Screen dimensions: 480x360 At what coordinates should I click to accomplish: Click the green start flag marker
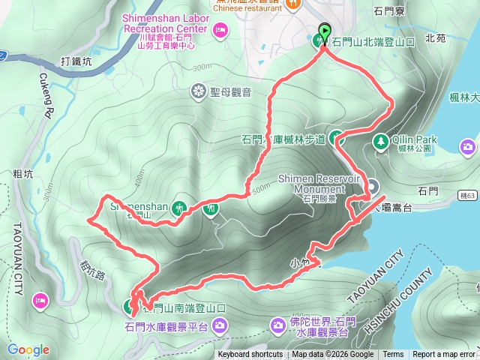[325, 31]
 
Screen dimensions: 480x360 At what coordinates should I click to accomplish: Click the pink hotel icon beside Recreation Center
[220, 30]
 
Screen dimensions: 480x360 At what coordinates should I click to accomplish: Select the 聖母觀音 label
[230, 92]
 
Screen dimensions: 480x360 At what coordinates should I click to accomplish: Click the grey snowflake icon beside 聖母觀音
[198, 92]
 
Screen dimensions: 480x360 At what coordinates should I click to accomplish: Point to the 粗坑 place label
[23, 174]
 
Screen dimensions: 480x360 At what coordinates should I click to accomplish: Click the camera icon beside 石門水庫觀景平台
[220, 325]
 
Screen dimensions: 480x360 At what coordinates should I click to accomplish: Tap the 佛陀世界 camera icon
[277, 325]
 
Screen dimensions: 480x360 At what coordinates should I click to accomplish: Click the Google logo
[28, 349]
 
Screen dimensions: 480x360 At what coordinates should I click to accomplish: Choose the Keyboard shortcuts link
[250, 355]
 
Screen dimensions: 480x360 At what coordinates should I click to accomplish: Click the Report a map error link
[444, 355]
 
